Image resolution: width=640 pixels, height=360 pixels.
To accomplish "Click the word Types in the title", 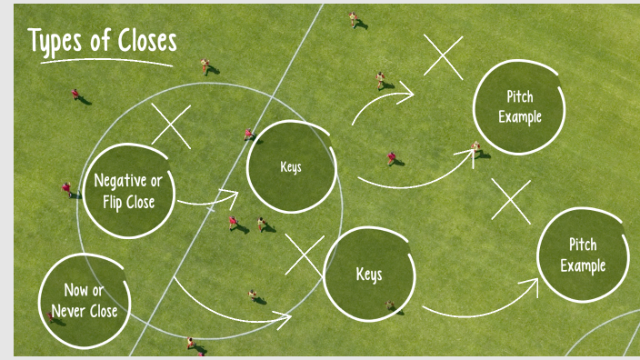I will pyautogui.click(x=56, y=41).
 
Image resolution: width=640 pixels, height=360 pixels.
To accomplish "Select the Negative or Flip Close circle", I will pyautogui.click(x=129, y=191).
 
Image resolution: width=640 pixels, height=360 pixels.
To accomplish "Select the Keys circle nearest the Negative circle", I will pyautogui.click(x=292, y=167).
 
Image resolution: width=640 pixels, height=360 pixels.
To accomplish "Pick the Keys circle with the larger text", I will pyautogui.click(x=368, y=274).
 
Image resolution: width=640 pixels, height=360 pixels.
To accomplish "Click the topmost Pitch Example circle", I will pyautogui.click(x=519, y=106).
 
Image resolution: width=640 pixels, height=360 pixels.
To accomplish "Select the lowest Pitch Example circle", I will pyautogui.click(x=583, y=255).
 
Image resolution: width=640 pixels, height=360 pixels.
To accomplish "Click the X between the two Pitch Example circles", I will pyautogui.click(x=512, y=201).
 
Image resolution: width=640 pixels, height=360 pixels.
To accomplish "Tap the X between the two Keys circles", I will pyautogui.click(x=305, y=255).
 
